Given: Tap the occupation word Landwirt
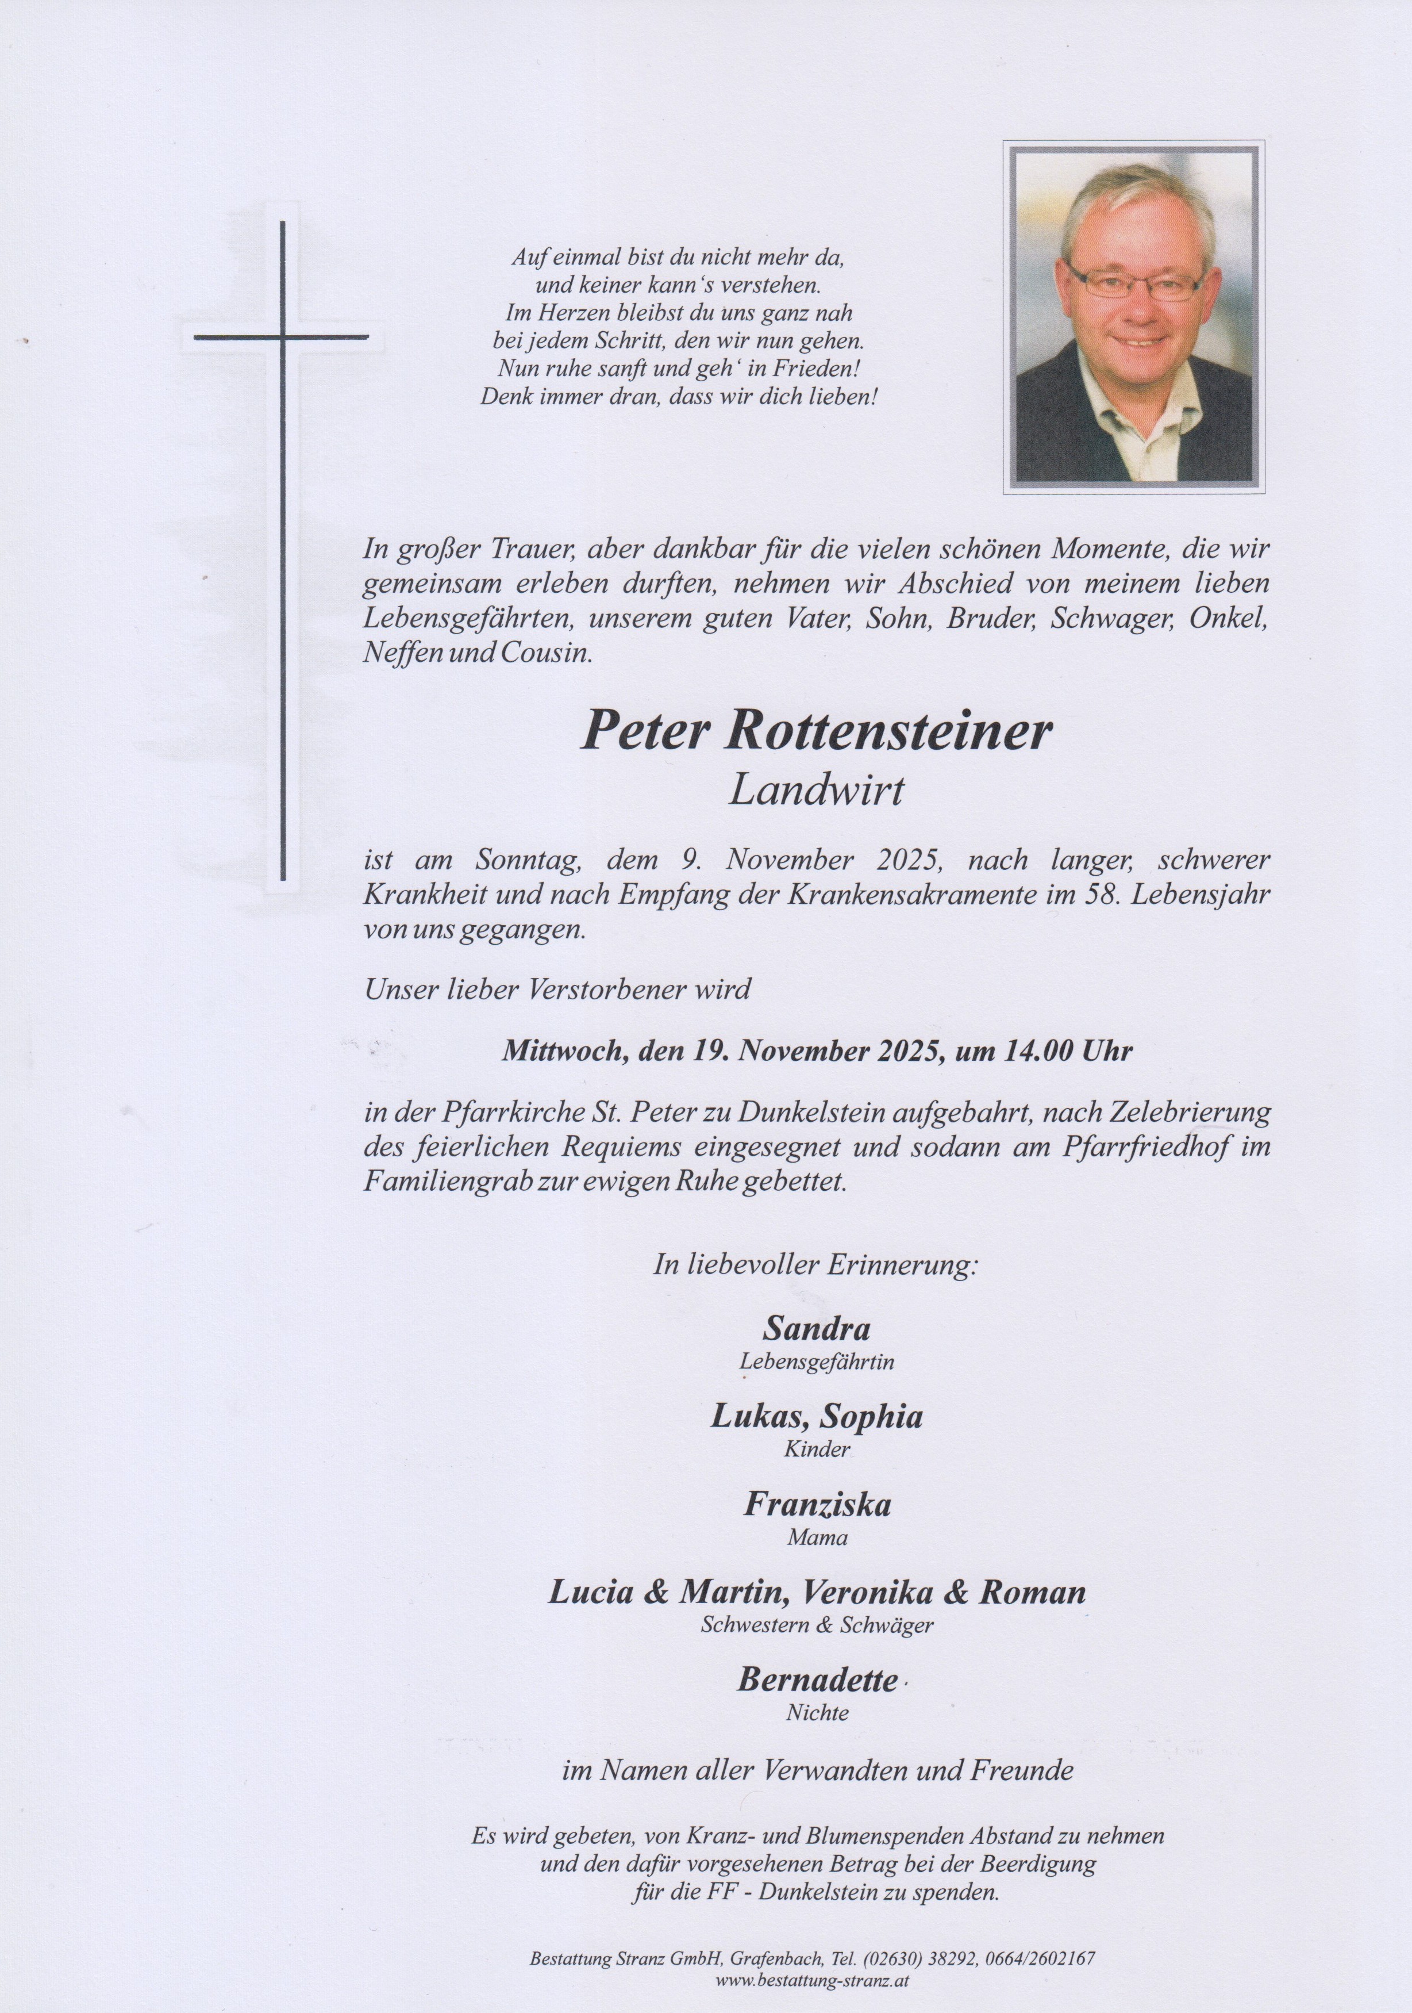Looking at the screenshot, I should tap(816, 792).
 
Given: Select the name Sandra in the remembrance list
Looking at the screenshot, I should tap(816, 1329).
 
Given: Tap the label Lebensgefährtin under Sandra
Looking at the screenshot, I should tap(816, 1362).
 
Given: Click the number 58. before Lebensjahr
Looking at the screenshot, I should tap(1125, 898).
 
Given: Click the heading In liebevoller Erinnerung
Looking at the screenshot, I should tap(815, 1265).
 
